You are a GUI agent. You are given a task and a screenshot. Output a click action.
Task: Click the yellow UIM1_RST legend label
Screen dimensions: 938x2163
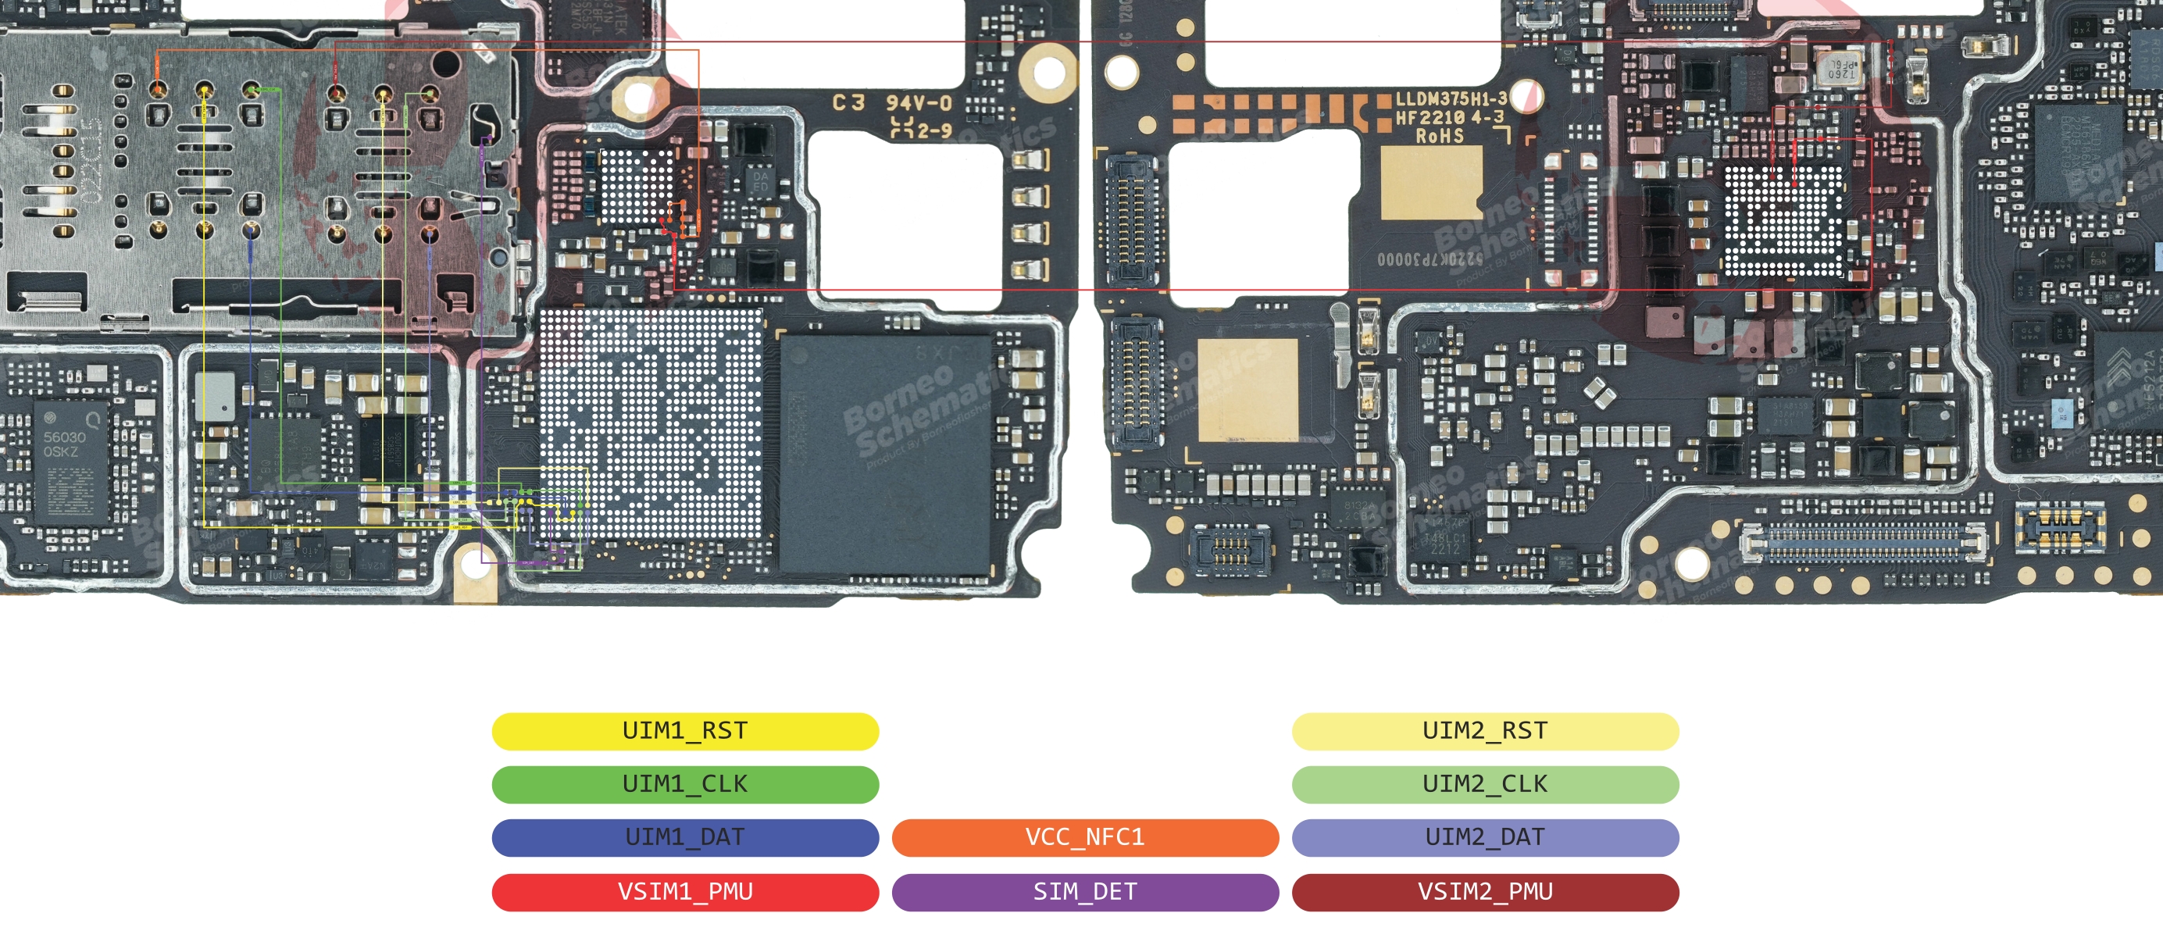coord(684,730)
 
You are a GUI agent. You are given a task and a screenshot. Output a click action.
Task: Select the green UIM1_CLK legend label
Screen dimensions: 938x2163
coord(684,784)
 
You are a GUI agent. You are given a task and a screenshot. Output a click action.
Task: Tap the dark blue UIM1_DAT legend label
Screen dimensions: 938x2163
coord(684,837)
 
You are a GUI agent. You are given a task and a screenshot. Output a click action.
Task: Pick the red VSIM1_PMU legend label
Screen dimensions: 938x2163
coord(684,892)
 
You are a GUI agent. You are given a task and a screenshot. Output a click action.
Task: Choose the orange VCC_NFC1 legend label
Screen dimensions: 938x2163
coord(1085,837)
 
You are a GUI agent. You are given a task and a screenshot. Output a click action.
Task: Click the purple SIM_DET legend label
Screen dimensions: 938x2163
coord(1085,892)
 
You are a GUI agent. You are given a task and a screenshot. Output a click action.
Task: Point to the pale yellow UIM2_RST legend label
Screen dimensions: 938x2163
coord(1484,730)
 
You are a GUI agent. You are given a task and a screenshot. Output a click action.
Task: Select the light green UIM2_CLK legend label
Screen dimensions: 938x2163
coord(1484,784)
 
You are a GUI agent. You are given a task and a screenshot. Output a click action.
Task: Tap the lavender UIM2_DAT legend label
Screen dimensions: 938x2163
coord(1484,837)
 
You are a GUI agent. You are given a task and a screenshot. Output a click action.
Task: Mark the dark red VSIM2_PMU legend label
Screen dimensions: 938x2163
coord(1484,892)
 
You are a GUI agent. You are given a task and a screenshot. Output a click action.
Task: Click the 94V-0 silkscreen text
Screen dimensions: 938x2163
coord(919,103)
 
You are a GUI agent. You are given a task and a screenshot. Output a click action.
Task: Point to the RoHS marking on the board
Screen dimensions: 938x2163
coord(1439,136)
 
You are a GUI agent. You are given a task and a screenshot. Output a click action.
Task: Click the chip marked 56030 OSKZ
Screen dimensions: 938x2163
coord(70,462)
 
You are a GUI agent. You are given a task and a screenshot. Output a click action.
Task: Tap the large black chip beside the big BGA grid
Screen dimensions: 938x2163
coord(886,454)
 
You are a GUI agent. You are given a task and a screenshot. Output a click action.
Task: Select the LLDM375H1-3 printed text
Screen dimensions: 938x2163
coord(1451,99)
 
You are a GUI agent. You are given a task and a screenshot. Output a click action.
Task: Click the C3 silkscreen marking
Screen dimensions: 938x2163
coord(848,102)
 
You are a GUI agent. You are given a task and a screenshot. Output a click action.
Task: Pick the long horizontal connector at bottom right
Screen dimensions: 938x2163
coord(1864,544)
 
